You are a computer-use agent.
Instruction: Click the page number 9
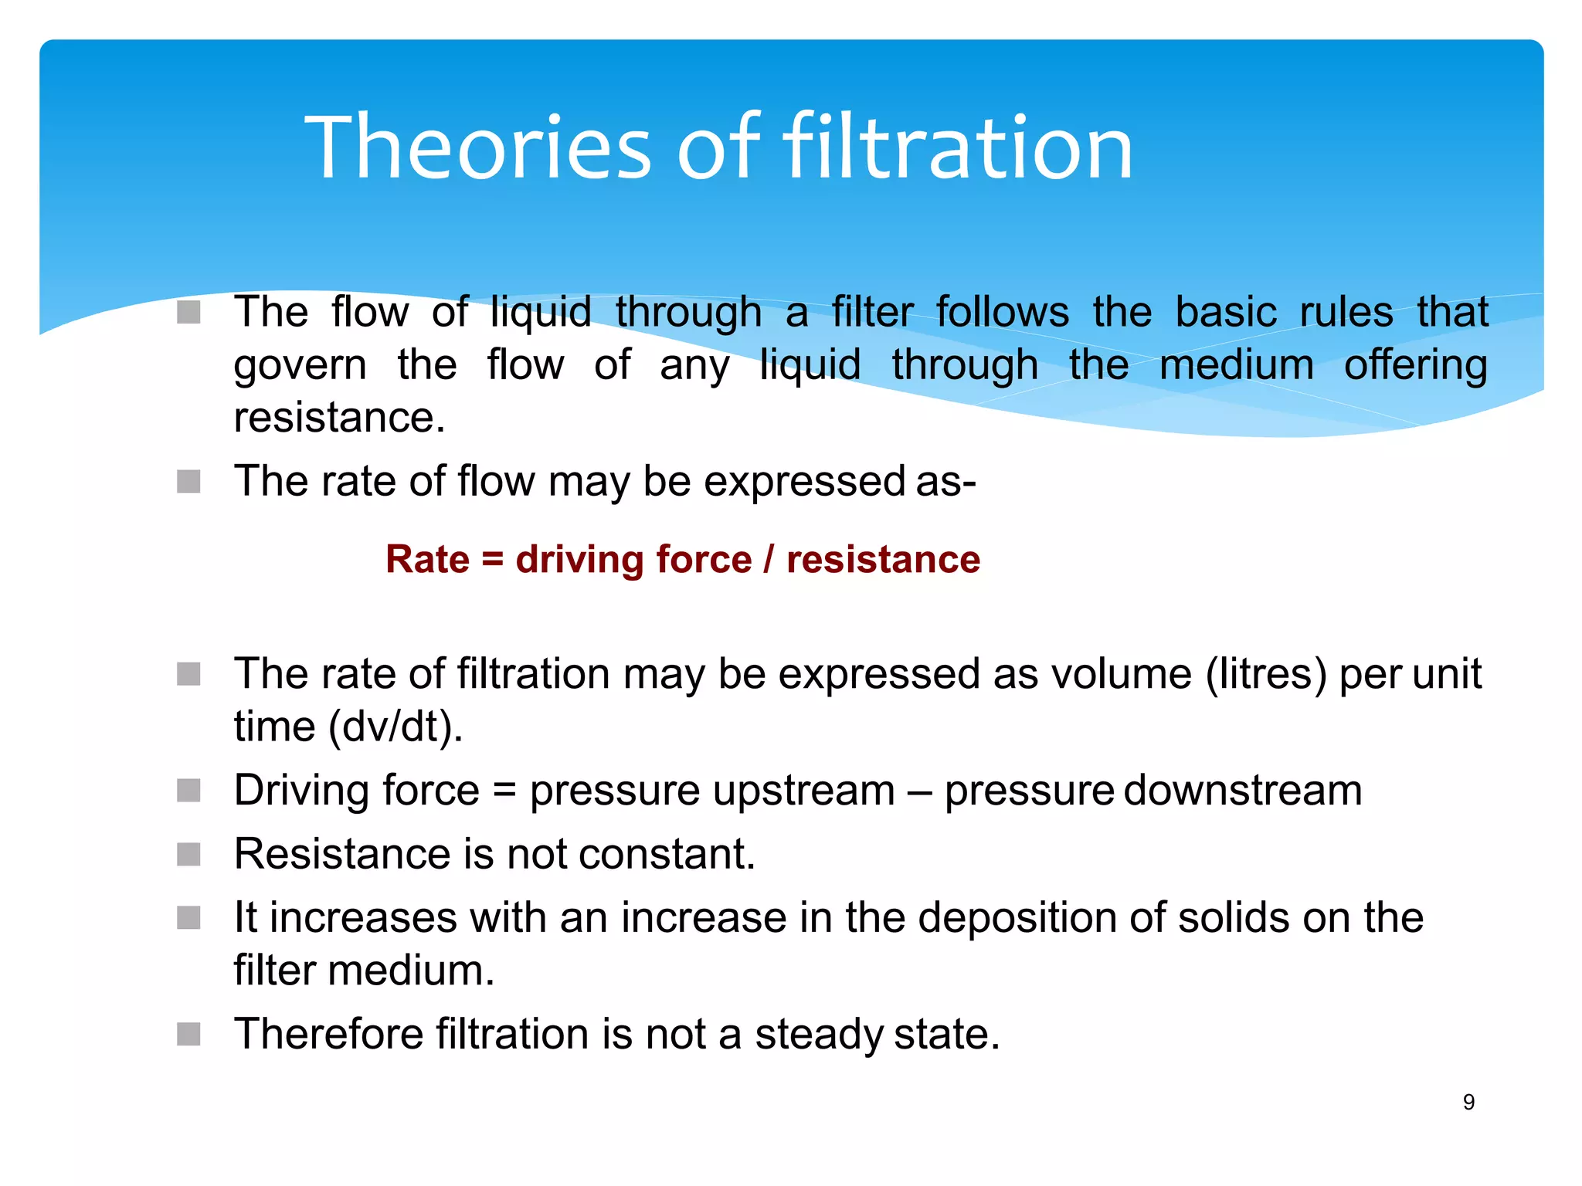[1468, 1102]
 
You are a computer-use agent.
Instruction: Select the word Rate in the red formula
[427, 559]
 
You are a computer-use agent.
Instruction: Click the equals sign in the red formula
[493, 559]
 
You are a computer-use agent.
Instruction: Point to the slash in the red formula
[769, 559]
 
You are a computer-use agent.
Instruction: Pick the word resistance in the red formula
[883, 559]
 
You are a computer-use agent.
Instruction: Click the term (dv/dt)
[395, 727]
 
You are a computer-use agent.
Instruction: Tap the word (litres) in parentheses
[1266, 673]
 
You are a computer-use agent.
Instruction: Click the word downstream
[1243, 791]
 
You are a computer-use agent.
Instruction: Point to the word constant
[667, 854]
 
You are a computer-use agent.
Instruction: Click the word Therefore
[328, 1034]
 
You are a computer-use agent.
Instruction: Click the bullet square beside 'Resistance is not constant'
[188, 855]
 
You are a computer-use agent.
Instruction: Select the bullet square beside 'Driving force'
[188, 791]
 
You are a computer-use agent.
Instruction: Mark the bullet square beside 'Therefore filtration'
[188, 1034]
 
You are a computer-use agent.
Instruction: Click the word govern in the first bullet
[300, 365]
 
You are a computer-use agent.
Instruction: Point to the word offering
[1416, 365]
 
